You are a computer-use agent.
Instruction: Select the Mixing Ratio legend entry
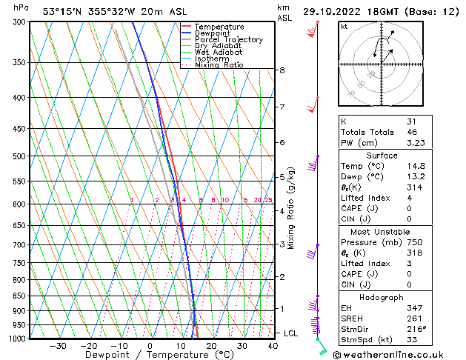coord(219,65)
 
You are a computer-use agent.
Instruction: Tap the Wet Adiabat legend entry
coord(218,52)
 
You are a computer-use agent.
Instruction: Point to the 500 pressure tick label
coord(20,156)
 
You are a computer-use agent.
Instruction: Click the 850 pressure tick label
coord(20,296)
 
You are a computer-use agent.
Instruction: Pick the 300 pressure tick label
coord(20,22)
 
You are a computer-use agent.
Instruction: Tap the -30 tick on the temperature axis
coord(57,346)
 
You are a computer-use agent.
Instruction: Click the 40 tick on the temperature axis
coord(273,346)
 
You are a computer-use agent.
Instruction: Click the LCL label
coord(290,333)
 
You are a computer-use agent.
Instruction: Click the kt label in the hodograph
coord(344,27)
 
